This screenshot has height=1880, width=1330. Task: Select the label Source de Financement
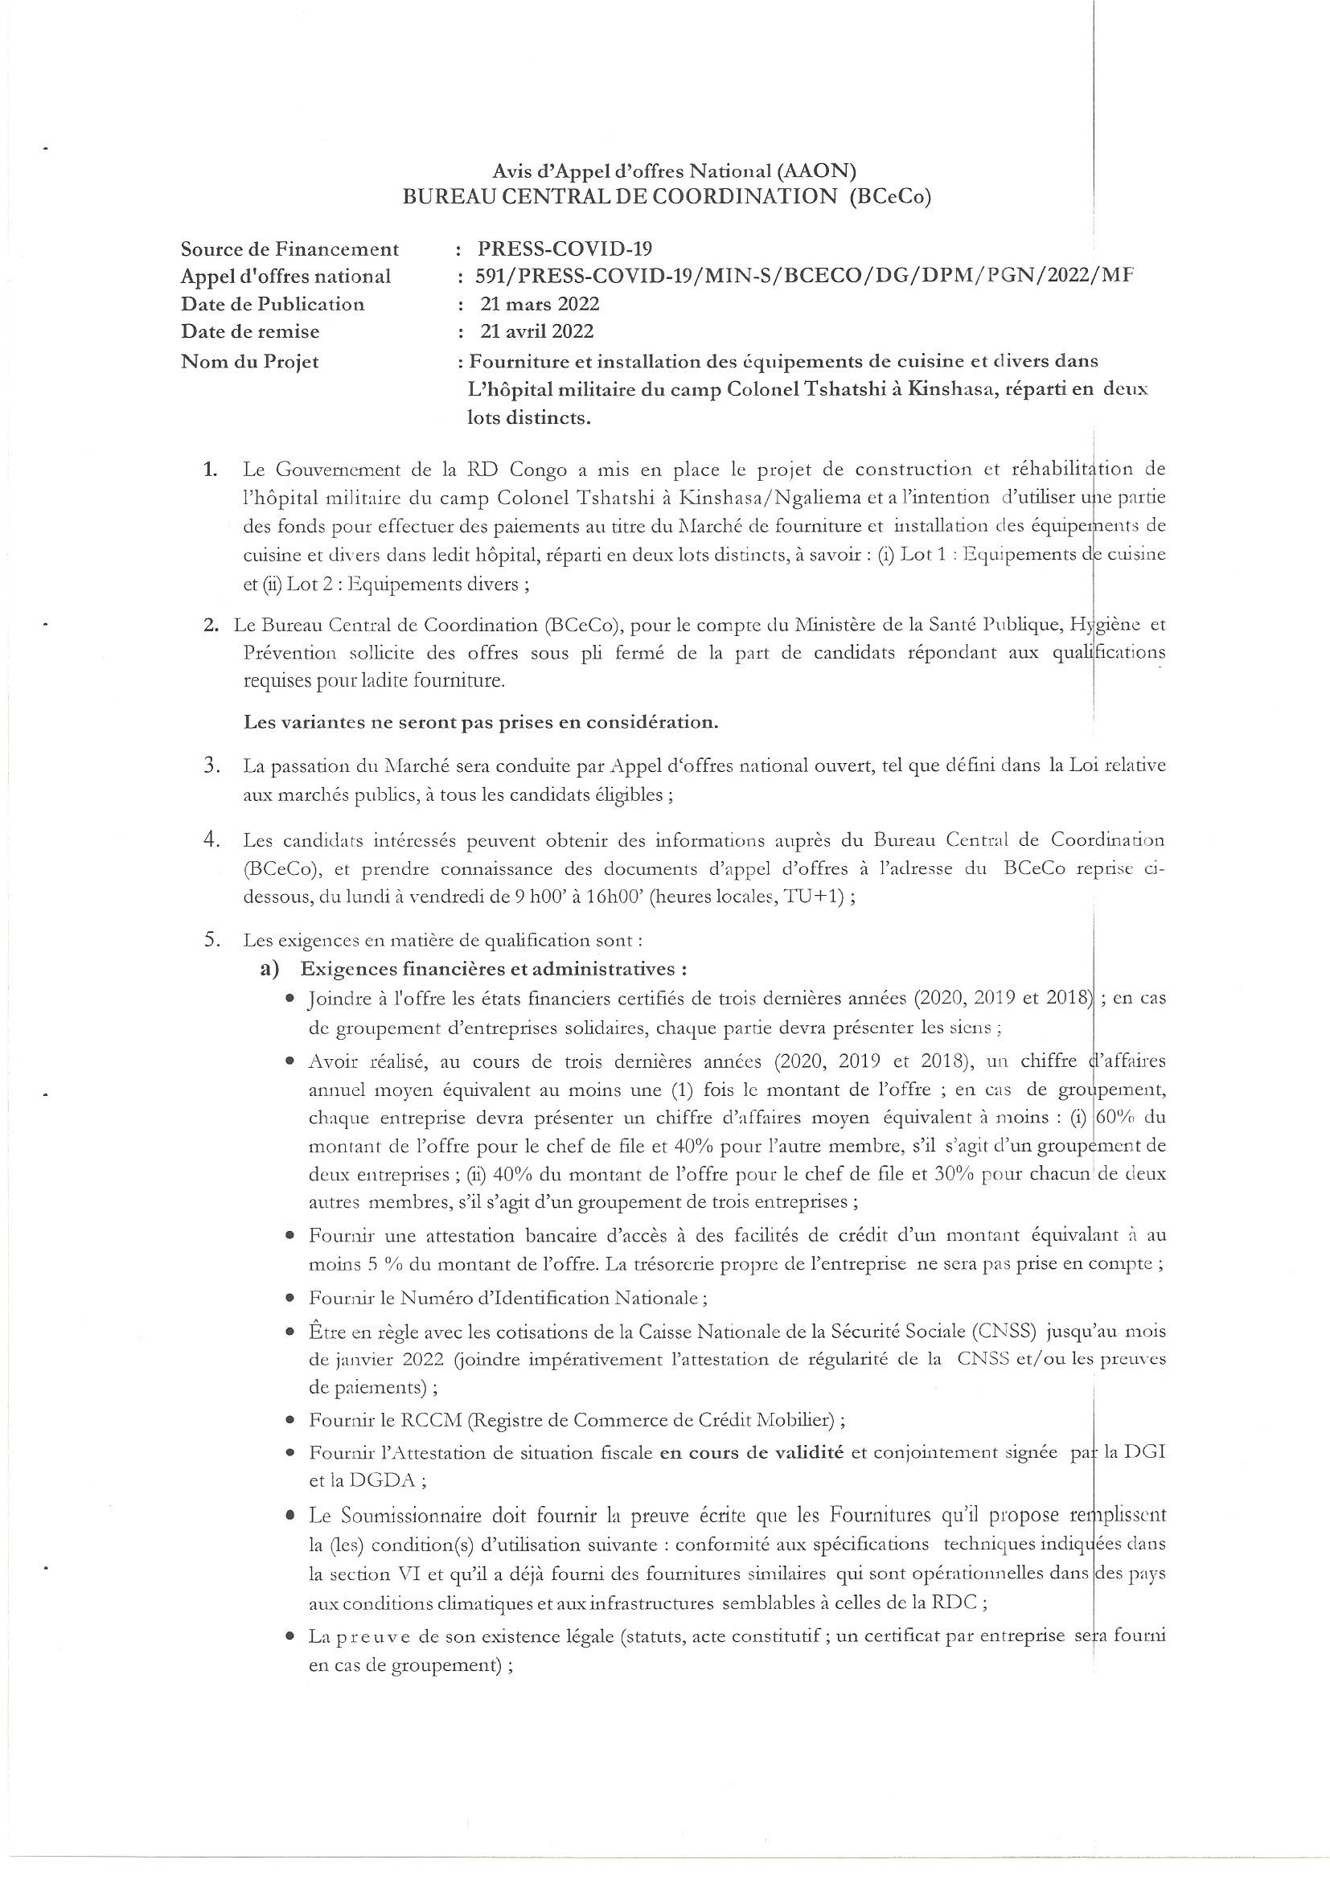point(290,249)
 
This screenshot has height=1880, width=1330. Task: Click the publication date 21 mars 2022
point(540,304)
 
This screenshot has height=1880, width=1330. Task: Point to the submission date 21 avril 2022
point(537,331)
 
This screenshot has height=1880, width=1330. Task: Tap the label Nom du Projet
point(250,361)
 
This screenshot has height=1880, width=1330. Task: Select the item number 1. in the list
point(211,470)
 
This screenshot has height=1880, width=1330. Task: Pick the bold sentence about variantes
point(482,722)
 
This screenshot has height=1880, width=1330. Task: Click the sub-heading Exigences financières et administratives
point(489,969)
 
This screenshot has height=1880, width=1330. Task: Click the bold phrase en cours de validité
point(753,1453)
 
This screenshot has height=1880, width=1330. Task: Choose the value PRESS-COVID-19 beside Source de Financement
point(564,249)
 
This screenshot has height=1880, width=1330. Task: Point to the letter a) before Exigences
point(269,969)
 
